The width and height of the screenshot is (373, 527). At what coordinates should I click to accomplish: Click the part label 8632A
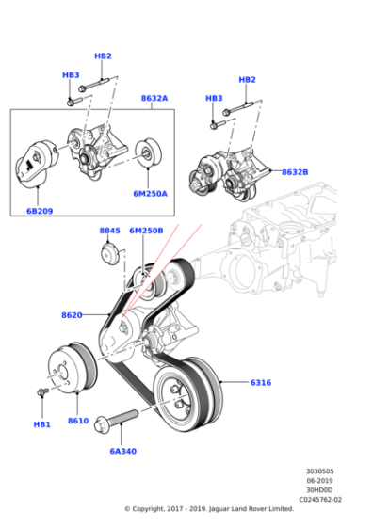tap(154, 98)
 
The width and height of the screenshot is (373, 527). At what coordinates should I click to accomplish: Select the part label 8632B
tap(292, 172)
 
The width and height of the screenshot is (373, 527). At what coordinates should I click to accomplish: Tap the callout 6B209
tap(39, 211)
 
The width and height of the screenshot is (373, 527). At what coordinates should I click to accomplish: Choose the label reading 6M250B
tap(146, 230)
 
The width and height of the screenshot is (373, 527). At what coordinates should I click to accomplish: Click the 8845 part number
tap(110, 230)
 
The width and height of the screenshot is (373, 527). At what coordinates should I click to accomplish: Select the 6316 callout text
tap(261, 383)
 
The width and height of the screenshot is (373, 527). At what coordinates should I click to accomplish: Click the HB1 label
tap(42, 424)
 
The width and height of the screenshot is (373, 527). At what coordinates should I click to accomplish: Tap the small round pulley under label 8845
tap(110, 254)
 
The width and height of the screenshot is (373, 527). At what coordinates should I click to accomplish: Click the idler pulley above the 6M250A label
tap(147, 156)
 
